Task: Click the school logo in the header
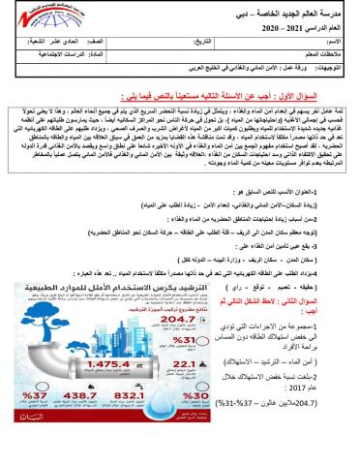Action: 39,19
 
